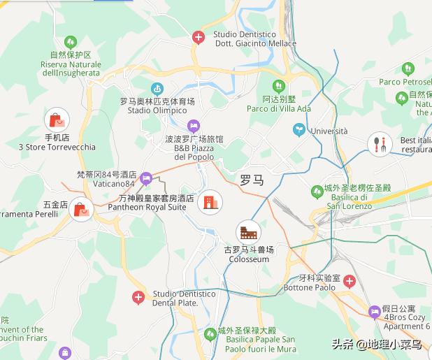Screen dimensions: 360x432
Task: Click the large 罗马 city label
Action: point(252,180)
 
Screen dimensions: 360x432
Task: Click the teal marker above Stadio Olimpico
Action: point(157,89)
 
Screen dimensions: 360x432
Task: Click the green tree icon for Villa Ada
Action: point(279,86)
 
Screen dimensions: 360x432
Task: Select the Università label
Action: point(329,131)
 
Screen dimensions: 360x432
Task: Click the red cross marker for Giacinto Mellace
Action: point(199,38)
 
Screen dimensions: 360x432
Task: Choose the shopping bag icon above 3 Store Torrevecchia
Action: point(57,120)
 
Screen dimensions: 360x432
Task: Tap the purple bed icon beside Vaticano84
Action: point(145,178)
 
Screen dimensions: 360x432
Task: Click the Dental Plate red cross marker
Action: point(138,298)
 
